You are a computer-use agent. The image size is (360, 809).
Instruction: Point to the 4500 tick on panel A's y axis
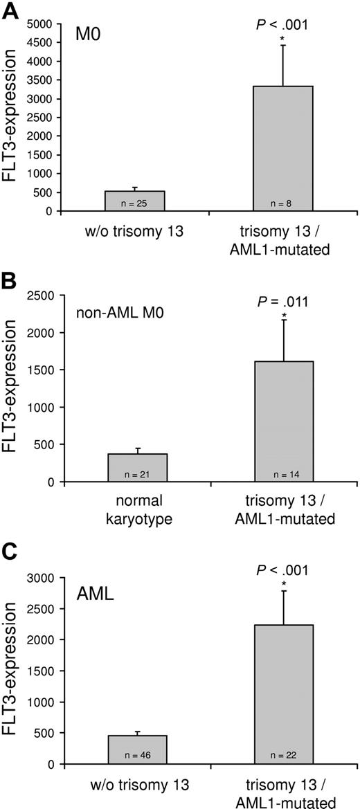[x=40, y=42]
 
